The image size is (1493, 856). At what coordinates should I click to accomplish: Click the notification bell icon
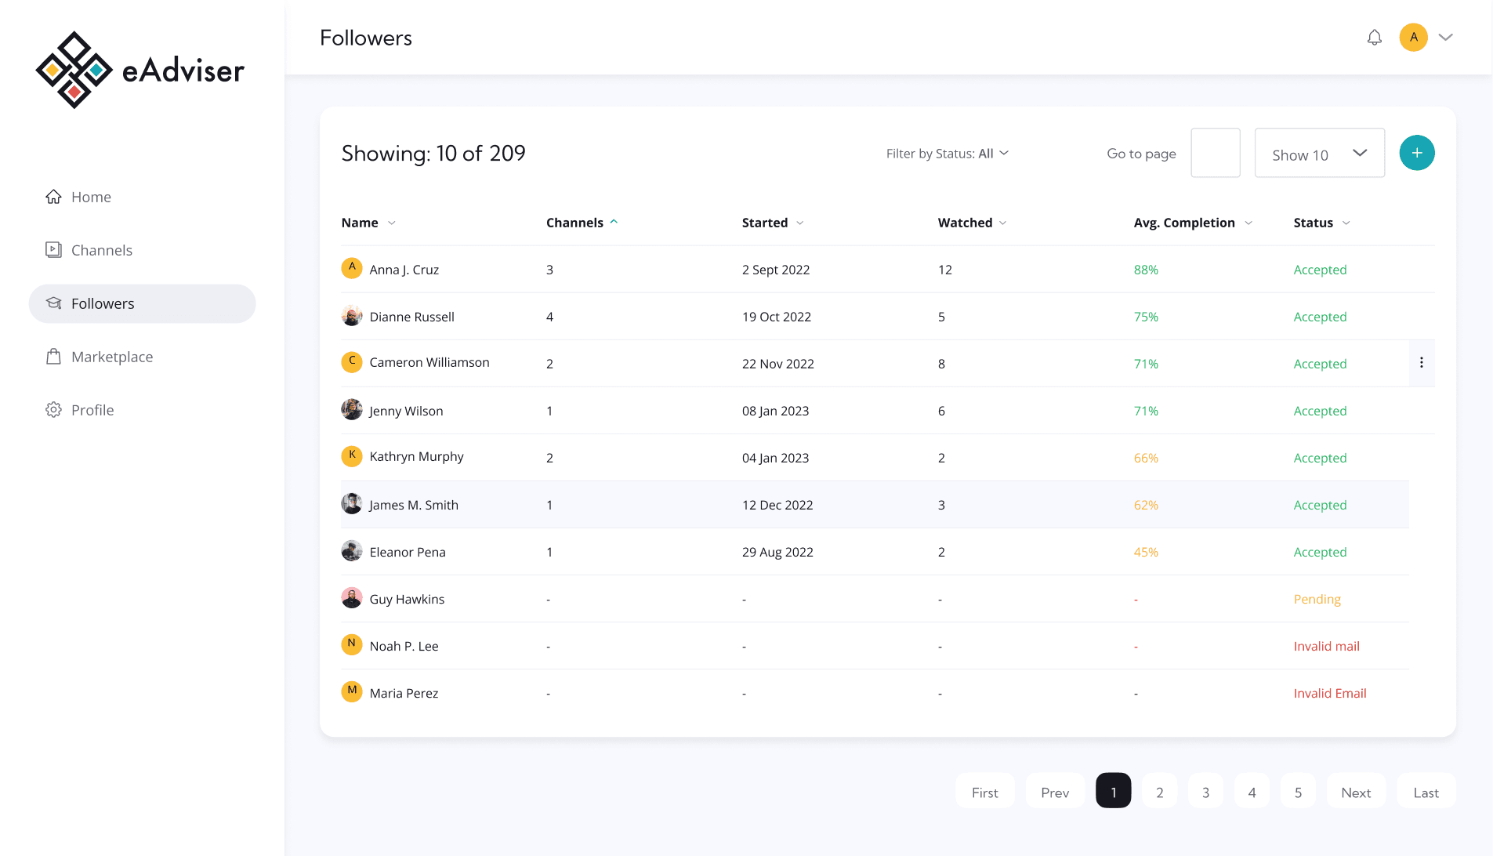pyautogui.click(x=1374, y=38)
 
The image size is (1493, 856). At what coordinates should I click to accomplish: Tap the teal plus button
pyautogui.click(x=1416, y=153)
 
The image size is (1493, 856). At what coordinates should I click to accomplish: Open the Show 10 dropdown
pyautogui.click(x=1319, y=154)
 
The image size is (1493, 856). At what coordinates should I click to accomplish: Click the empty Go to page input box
pyautogui.click(x=1215, y=153)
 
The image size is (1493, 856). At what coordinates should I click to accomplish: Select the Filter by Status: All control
pyautogui.click(x=947, y=154)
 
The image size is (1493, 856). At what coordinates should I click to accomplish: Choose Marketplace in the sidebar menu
pyautogui.click(x=111, y=357)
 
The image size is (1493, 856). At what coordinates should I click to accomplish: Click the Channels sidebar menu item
pyautogui.click(x=101, y=250)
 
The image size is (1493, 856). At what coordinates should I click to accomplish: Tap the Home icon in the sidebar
pyautogui.click(x=53, y=197)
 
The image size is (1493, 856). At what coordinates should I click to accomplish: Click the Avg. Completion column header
pyautogui.click(x=1183, y=223)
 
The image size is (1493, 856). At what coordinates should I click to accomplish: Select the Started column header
pyautogui.click(x=764, y=223)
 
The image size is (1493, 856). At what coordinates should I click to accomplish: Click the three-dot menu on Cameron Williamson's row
pyautogui.click(x=1421, y=363)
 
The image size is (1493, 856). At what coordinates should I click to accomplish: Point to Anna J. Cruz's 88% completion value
pyautogui.click(x=1146, y=270)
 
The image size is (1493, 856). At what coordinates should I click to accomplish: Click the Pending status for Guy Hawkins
pyautogui.click(x=1317, y=599)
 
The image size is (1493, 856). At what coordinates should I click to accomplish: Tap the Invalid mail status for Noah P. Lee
pyautogui.click(x=1326, y=646)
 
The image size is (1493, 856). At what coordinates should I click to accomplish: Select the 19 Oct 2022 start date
pyautogui.click(x=776, y=317)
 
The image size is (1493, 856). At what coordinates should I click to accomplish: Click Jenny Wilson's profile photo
pyautogui.click(x=352, y=410)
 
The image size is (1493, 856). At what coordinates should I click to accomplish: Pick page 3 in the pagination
pyautogui.click(x=1205, y=792)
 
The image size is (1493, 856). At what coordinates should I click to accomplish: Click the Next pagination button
pyautogui.click(x=1355, y=792)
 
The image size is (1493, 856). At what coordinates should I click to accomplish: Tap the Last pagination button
pyautogui.click(x=1426, y=792)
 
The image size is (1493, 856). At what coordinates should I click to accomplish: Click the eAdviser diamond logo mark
pyautogui.click(x=74, y=70)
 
